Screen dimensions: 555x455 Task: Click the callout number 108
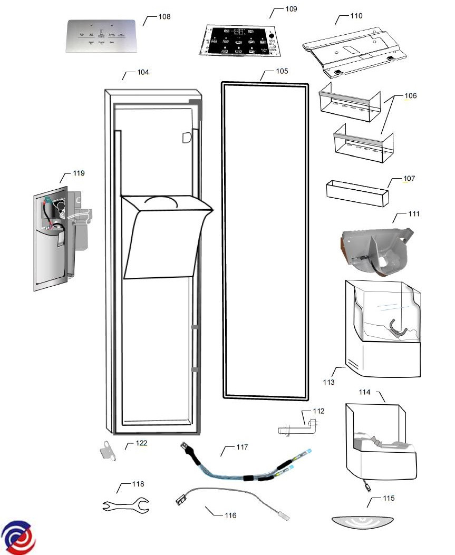(x=164, y=17)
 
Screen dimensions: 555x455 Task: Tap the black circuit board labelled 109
(x=240, y=42)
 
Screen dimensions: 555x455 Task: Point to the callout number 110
(x=356, y=16)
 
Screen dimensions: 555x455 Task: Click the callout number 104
(x=142, y=72)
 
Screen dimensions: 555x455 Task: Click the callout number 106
(x=410, y=96)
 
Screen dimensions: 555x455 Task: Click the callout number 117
(x=241, y=447)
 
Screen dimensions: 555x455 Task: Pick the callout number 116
(x=230, y=515)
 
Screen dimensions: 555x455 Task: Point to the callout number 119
(x=79, y=173)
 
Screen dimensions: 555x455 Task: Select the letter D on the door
(x=186, y=138)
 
